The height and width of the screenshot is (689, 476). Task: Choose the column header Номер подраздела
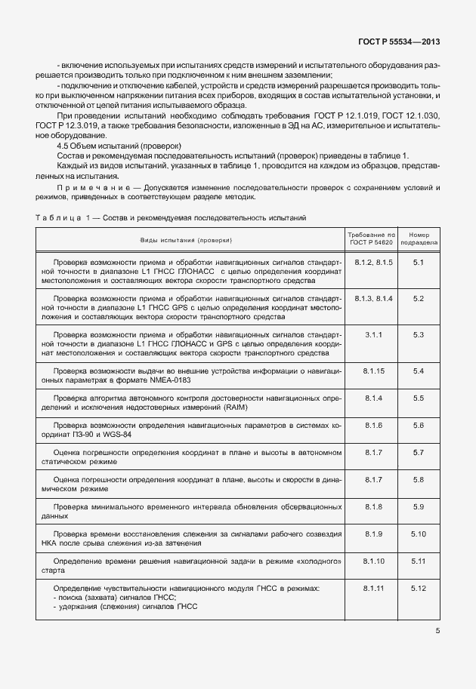pos(418,238)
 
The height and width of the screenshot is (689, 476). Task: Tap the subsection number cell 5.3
pos(418,334)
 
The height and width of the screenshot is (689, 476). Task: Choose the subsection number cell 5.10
pos(418,534)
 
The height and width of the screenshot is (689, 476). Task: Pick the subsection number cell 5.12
pos(418,588)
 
